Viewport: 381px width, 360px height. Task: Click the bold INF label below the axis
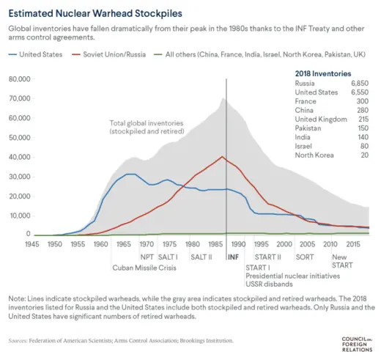[234, 257]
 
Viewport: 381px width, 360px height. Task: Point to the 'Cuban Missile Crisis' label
[144, 267]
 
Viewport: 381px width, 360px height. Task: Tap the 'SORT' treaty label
[305, 257]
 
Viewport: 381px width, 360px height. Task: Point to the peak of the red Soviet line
[223, 156]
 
